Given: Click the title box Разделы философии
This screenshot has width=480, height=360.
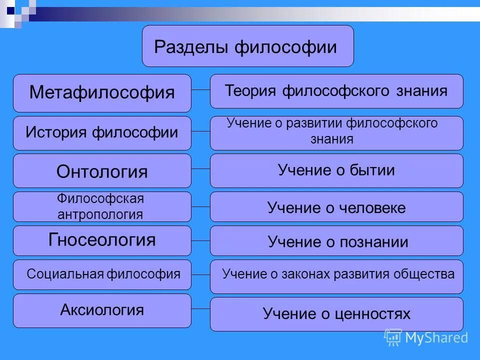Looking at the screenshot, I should pyautogui.click(x=247, y=46).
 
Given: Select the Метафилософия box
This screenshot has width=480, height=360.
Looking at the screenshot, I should pyautogui.click(x=102, y=93).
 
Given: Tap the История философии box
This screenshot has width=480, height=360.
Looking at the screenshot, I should pyautogui.click(x=102, y=133).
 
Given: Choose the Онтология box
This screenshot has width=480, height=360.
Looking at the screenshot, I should pyautogui.click(x=102, y=171).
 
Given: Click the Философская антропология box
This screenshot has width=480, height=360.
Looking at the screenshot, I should pyautogui.click(x=102, y=206).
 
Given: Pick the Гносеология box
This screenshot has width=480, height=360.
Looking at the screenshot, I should pyautogui.click(x=102, y=240).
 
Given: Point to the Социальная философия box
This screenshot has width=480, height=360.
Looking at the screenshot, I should pyautogui.click(x=102, y=274).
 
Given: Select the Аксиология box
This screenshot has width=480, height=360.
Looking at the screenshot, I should pyautogui.click(x=102, y=310).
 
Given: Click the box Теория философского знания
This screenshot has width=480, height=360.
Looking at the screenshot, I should pyautogui.click(x=336, y=91).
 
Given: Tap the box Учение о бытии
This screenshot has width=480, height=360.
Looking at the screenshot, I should pyautogui.click(x=336, y=170).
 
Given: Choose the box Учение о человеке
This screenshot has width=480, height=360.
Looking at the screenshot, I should pyautogui.click(x=336, y=207).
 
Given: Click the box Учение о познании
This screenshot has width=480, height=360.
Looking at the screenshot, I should pyautogui.click(x=336, y=241).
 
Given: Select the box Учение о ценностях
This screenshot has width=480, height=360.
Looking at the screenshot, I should pyautogui.click(x=336, y=314).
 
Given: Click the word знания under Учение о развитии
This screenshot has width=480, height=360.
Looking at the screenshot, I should pyautogui.click(x=331, y=139).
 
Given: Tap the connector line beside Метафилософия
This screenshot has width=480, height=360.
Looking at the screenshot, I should pyautogui.click(x=200, y=90).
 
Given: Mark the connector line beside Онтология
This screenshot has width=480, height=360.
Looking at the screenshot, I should pyautogui.click(x=200, y=169).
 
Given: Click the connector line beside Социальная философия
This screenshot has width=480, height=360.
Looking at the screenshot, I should pyautogui.click(x=200, y=274).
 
